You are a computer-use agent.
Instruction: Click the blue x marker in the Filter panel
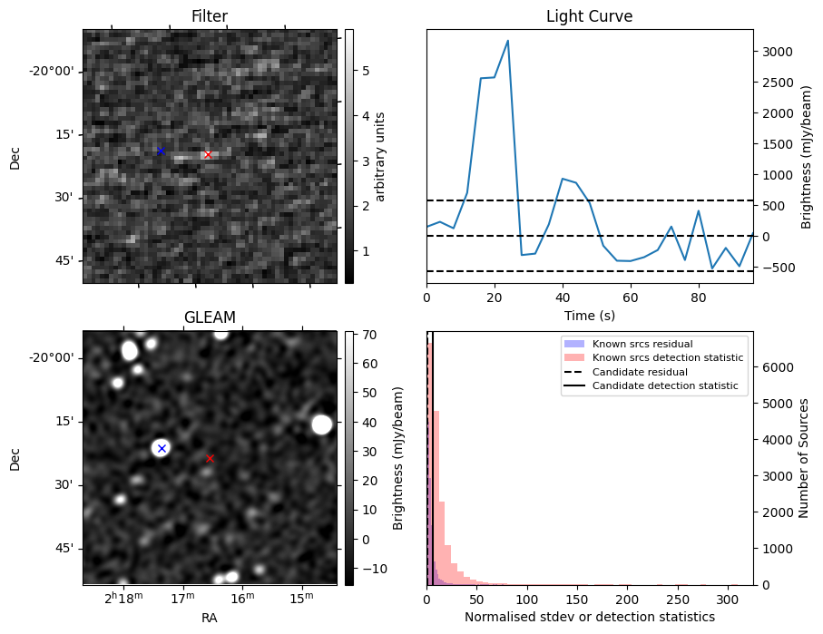pos(161,151)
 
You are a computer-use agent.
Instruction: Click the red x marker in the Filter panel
pos(208,155)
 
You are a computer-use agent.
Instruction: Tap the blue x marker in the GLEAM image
pos(162,448)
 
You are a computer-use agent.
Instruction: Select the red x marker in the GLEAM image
pos(210,458)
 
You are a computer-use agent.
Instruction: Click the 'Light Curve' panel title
pos(589,16)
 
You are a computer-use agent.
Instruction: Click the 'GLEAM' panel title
pos(210,317)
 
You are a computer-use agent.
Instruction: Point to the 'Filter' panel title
pos(210,16)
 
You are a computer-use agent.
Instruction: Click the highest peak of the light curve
pos(507,41)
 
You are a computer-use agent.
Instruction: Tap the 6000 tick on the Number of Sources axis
pos(777,367)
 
